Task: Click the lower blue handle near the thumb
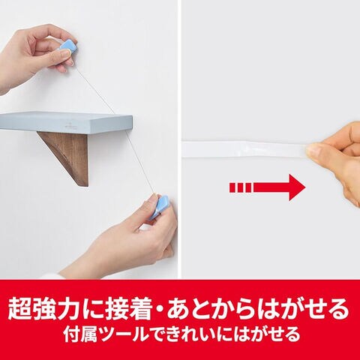tap(160, 207)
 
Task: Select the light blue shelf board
tap(66, 122)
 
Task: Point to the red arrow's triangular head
tap(297, 187)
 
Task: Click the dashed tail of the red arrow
tap(240, 187)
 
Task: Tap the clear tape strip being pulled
tap(245, 149)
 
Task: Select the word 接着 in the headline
tap(129, 308)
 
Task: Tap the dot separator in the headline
tap(160, 309)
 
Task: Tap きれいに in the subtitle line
tap(200, 334)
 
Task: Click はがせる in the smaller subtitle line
tap(267, 334)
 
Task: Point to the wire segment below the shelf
tap(140, 163)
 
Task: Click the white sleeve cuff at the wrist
tap(51, 276)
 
